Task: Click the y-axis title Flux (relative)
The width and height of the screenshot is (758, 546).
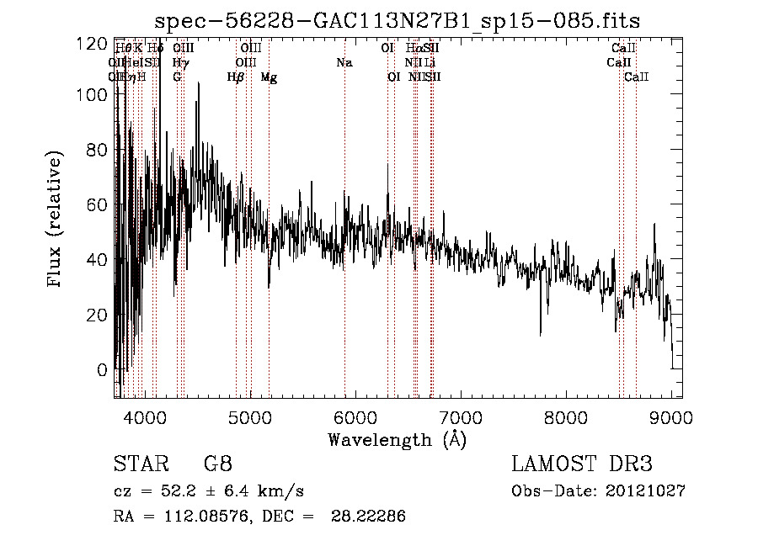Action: click(56, 220)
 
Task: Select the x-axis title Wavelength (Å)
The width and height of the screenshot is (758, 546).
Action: click(397, 439)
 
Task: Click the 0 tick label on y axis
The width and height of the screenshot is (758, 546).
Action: click(103, 370)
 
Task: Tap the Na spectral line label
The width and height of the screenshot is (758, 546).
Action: click(344, 62)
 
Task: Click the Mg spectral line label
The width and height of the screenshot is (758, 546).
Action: click(269, 77)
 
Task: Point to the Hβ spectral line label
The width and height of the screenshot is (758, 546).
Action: click(236, 77)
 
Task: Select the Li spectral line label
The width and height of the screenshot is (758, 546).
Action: click(430, 62)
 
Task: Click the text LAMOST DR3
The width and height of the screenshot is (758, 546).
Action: click(582, 464)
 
